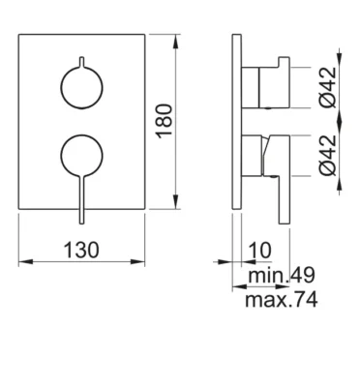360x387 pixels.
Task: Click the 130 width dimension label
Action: click(x=81, y=251)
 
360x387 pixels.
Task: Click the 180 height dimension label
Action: click(x=165, y=121)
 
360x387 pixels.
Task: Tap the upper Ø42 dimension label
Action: click(x=329, y=87)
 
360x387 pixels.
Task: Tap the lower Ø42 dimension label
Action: click(x=329, y=155)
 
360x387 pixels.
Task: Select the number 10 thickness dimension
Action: click(x=260, y=251)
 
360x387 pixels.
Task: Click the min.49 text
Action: click(x=282, y=276)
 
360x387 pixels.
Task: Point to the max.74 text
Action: click(x=282, y=300)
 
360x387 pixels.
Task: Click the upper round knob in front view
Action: click(x=81, y=87)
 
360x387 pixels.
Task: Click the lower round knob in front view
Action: click(x=81, y=156)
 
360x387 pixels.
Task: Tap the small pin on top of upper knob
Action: click(x=81, y=62)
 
